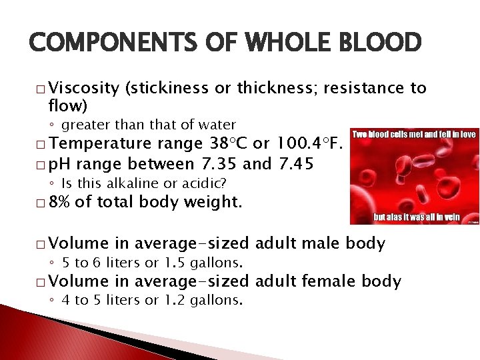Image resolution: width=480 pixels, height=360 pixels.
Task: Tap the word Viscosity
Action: (x=84, y=88)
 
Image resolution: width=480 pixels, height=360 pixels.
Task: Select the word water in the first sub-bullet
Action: (x=217, y=125)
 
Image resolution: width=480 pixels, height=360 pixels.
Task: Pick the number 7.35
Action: (x=220, y=164)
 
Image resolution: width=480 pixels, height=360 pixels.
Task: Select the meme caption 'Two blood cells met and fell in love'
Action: (x=413, y=134)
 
